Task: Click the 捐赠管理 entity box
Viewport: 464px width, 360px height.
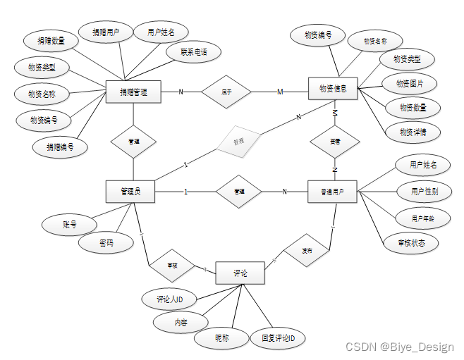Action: click(x=133, y=92)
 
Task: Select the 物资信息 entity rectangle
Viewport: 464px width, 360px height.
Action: click(x=333, y=89)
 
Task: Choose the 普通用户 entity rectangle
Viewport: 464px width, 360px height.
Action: click(x=332, y=191)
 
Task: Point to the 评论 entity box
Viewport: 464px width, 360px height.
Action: click(x=240, y=273)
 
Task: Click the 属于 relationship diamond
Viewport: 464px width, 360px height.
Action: click(x=226, y=92)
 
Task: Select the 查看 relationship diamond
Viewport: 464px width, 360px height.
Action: click(x=335, y=141)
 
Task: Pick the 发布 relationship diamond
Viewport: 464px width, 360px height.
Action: click(x=307, y=250)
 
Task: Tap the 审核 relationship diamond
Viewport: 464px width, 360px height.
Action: click(x=172, y=266)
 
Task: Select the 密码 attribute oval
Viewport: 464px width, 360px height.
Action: click(x=106, y=244)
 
